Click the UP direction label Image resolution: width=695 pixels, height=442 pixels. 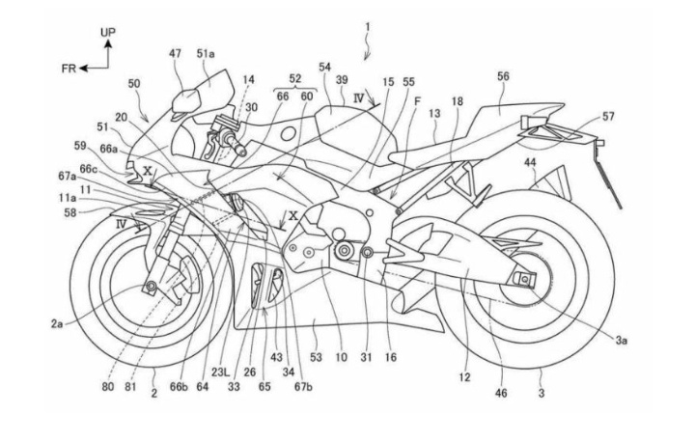108,32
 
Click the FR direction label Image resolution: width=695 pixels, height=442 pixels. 69,69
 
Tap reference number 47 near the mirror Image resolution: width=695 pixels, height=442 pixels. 175,54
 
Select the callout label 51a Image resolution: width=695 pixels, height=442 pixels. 206,54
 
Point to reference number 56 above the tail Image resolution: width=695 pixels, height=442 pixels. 503,76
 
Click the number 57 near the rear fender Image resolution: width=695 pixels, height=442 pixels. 608,116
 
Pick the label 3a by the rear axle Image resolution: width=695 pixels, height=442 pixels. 621,341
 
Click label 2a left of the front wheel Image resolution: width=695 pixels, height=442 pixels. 56,324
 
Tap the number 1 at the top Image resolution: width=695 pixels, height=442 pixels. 368,27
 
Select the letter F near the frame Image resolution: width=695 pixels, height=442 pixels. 417,101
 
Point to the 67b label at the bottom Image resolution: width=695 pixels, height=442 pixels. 303,387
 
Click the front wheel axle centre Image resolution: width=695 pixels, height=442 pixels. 152,287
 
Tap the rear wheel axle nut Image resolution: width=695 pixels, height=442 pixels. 524,278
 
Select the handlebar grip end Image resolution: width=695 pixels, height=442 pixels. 242,152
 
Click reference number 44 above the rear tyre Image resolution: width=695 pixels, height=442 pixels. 530,162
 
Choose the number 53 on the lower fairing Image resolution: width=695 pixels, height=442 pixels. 316,357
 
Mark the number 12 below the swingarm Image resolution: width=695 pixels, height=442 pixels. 464,377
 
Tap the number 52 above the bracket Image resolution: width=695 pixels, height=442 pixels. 294,78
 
